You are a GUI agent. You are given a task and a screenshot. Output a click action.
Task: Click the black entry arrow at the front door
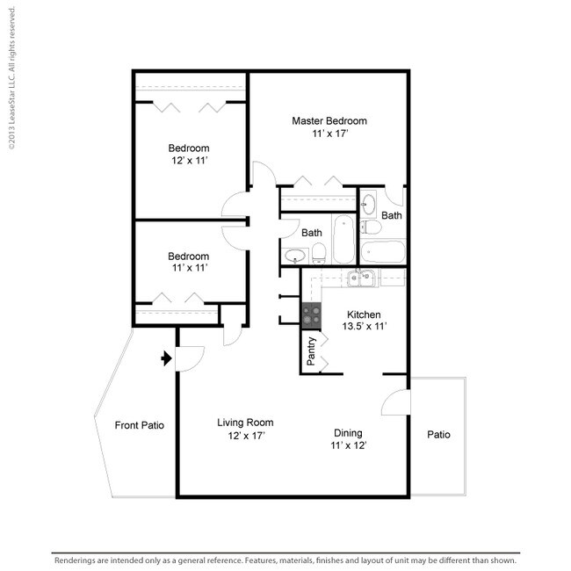click(166, 358)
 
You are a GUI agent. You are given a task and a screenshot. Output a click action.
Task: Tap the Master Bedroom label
click(329, 121)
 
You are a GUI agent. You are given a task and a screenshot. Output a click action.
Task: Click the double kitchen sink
click(361, 278)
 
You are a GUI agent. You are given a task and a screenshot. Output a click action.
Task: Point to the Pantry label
click(311, 351)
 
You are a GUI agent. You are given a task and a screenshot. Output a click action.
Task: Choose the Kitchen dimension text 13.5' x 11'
click(365, 326)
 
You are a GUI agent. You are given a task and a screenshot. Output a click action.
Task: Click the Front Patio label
click(139, 425)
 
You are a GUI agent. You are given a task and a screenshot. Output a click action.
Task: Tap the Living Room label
click(245, 423)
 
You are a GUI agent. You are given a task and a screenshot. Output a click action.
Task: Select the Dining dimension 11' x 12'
click(349, 445)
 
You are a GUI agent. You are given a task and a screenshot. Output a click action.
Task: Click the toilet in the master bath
click(371, 228)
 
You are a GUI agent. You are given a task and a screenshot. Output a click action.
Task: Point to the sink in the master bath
click(369, 204)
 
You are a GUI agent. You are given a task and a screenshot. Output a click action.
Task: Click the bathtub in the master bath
click(383, 251)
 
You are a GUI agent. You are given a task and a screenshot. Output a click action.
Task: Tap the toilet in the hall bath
click(319, 253)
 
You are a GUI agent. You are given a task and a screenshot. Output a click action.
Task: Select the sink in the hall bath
click(295, 256)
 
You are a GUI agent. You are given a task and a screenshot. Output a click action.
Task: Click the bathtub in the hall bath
click(343, 239)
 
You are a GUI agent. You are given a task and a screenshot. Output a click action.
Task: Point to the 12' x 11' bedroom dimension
click(190, 160)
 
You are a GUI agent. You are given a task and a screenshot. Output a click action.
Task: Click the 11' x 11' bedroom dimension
click(190, 268)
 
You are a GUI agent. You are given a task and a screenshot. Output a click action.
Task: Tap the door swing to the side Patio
click(395, 402)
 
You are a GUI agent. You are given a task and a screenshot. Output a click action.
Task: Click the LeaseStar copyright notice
click(11, 78)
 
